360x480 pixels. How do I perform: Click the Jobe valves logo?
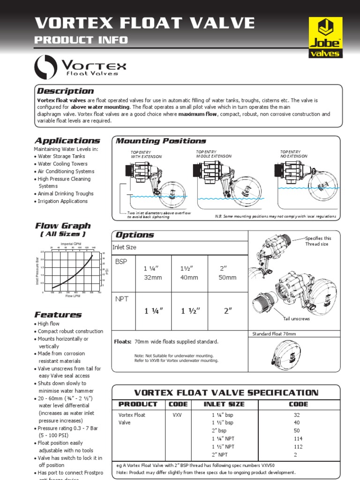pos(325,37)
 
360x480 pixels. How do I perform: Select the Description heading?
pos(65,91)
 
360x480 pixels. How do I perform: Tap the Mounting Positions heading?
pos(161,141)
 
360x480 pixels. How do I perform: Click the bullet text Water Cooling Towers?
pos(62,164)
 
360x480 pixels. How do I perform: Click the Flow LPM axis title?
pos(73,296)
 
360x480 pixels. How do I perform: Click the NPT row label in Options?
pos(121,298)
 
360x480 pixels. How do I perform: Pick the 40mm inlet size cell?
pos(189,277)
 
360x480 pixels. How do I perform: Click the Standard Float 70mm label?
pos(274,334)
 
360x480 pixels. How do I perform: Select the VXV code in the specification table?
pos(177,415)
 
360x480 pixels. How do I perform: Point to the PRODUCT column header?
pos(138,404)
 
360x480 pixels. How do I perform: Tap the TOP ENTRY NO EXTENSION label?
pos(294,154)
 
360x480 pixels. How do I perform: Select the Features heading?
pos(58,315)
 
